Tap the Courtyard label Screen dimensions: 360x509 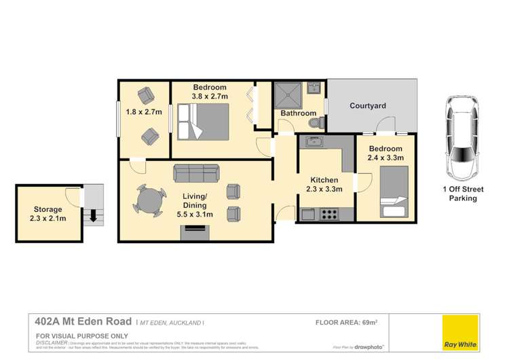point(368,106)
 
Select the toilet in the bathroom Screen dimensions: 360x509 point(314,122)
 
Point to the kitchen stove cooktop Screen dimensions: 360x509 point(328,214)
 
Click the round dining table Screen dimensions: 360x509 point(149,202)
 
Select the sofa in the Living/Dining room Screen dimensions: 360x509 point(196,173)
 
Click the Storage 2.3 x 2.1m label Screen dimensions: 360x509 point(48,214)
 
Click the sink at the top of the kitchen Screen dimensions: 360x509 point(314,142)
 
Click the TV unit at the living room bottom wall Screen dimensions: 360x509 point(195,233)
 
